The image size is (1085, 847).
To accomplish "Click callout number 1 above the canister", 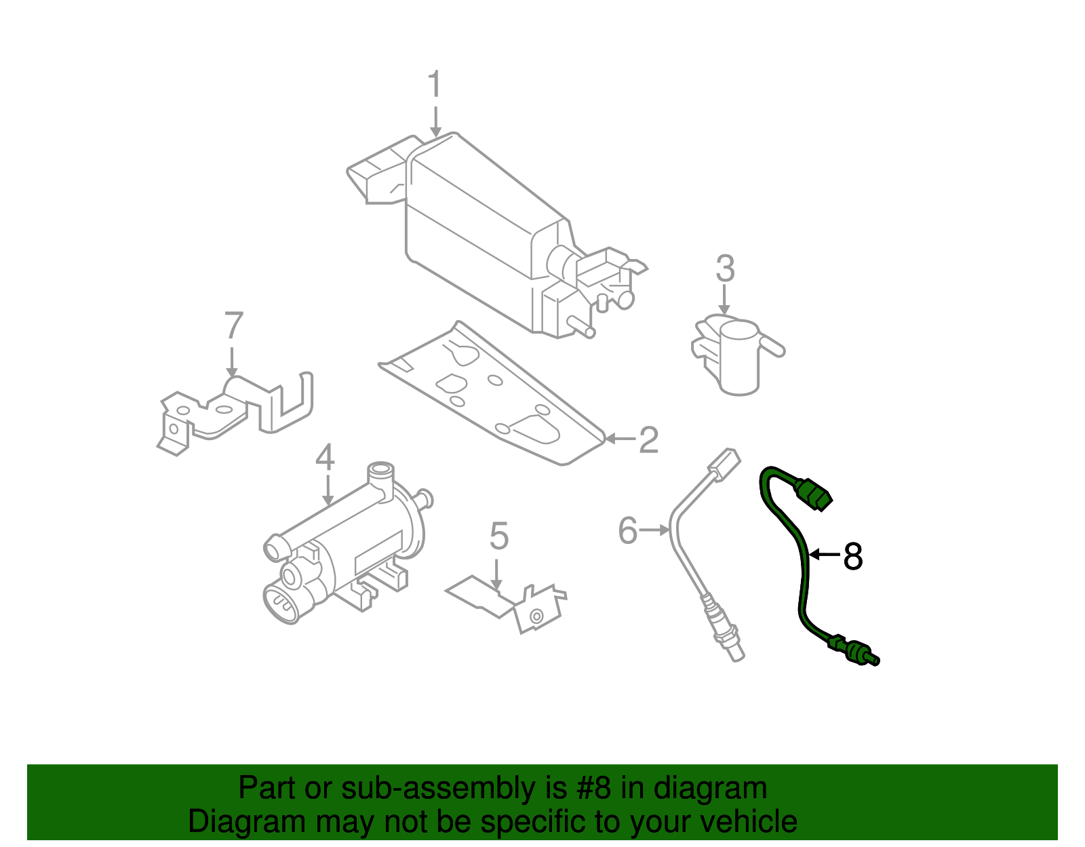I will (435, 85).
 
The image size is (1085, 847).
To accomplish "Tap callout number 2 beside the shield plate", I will (648, 440).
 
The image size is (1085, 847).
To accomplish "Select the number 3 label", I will (725, 269).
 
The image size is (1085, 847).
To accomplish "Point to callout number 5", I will (498, 536).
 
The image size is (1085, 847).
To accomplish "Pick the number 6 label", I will (628, 530).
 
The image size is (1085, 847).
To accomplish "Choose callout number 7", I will (233, 326).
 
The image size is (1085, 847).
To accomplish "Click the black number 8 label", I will (852, 557).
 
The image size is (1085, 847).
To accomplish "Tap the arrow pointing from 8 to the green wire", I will (825, 555).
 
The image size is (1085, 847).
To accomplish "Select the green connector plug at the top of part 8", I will (814, 494).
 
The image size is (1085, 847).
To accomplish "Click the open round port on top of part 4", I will (380, 469).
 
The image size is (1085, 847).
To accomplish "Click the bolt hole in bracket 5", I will (536, 616).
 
